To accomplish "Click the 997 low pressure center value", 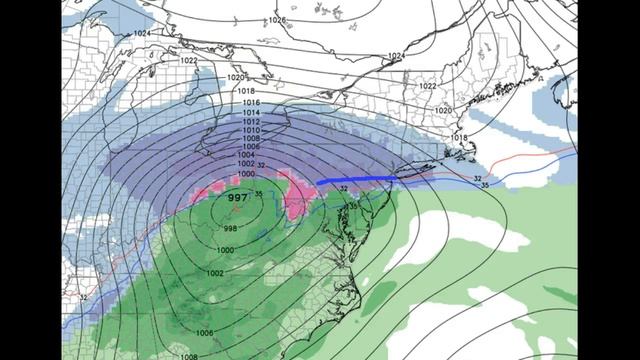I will (x=238, y=198).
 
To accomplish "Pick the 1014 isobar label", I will (x=251, y=114).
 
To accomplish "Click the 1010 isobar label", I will (x=250, y=131).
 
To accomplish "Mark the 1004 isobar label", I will (x=245, y=155).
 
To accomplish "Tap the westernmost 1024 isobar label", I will (x=142, y=33).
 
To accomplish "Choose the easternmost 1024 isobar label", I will (x=396, y=56).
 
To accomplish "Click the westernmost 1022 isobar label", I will (x=189, y=61).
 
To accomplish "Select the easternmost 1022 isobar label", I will (x=428, y=86).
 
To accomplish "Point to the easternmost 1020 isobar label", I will (x=443, y=110).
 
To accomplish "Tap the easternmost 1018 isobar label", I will (x=458, y=137).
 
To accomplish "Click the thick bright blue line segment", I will (x=354, y=180).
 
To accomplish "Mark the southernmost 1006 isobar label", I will (x=204, y=333).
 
